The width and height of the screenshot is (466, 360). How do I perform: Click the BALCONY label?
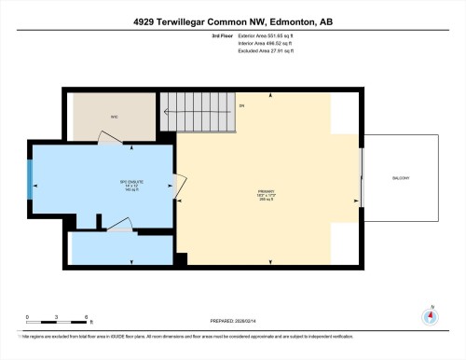[x=399, y=178]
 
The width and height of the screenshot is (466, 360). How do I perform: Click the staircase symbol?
[x=199, y=118]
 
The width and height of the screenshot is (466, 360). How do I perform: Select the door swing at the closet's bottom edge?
[x=110, y=137]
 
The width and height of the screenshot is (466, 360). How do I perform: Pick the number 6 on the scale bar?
[x=86, y=318]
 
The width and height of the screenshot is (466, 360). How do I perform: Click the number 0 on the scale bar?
[x=28, y=318]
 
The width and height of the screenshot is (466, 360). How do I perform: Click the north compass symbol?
[x=430, y=317]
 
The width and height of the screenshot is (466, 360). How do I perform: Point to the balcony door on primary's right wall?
[x=362, y=177]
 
